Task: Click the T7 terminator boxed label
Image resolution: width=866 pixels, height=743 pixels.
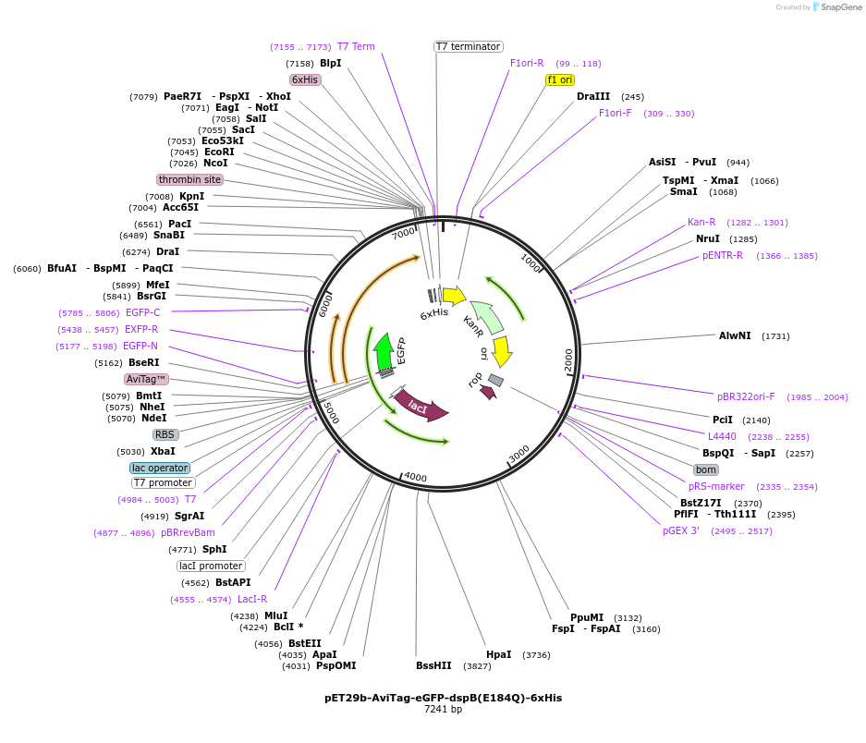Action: pyautogui.click(x=468, y=46)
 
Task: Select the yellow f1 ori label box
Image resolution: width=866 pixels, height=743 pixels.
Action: pyautogui.click(x=560, y=79)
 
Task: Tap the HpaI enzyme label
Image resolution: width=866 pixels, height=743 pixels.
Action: pyautogui.click(x=498, y=654)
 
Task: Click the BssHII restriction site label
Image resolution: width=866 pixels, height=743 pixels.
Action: pyautogui.click(x=433, y=665)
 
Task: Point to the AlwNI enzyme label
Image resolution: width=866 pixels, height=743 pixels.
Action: pyautogui.click(x=735, y=335)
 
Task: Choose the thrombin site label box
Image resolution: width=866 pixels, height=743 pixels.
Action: pyautogui.click(x=189, y=179)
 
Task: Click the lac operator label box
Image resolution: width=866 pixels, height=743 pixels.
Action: pyautogui.click(x=160, y=468)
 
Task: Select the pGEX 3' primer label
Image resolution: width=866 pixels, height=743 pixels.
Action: pyautogui.click(x=680, y=530)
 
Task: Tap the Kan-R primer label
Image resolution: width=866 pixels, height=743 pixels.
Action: pyautogui.click(x=701, y=222)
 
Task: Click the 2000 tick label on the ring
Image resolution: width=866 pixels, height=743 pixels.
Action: pyautogui.click(x=568, y=359)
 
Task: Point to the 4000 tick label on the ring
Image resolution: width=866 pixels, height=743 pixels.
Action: pyautogui.click(x=415, y=477)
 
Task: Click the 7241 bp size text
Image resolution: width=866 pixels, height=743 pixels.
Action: pyautogui.click(x=443, y=710)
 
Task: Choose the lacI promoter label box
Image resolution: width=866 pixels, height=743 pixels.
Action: pyautogui.click(x=211, y=566)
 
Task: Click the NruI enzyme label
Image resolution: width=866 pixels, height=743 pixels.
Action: pyautogui.click(x=707, y=238)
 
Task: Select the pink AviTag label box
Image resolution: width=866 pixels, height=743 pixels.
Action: pyautogui.click(x=146, y=379)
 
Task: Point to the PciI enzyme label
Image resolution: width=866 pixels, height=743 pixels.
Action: pyautogui.click(x=722, y=420)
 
